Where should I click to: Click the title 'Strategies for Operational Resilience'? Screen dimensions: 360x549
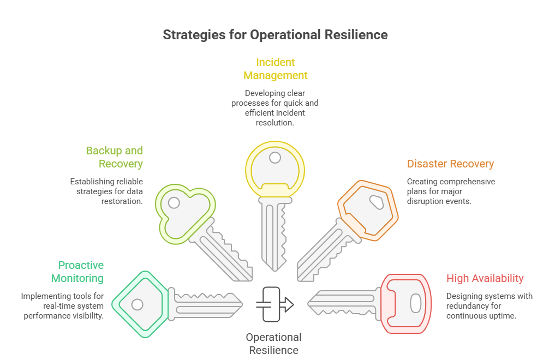[275, 34]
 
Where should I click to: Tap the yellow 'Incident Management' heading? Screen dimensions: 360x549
[276, 69]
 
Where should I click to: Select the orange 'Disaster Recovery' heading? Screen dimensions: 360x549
[450, 164]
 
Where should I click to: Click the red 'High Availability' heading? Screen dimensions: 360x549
[485, 278]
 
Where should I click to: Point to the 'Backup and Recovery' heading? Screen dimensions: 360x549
[114, 157]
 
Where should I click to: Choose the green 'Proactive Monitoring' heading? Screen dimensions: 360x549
[77, 272]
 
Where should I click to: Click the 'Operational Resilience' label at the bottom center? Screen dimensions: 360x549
[273, 344]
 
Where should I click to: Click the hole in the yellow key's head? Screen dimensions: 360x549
[274, 158]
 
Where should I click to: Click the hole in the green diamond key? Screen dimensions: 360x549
[137, 304]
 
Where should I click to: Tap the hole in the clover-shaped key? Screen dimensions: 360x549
[174, 203]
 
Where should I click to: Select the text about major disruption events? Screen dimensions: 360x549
[451, 191]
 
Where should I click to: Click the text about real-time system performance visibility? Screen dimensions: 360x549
[62, 306]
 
